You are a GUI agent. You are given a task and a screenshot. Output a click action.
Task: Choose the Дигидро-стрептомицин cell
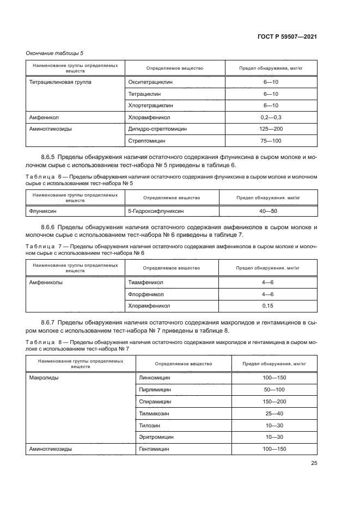click(157, 129)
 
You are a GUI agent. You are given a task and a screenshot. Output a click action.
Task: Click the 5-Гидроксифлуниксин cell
click(156, 210)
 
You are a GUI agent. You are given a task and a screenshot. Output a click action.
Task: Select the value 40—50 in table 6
click(267, 210)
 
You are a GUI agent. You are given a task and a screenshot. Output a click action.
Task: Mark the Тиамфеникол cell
click(145, 283)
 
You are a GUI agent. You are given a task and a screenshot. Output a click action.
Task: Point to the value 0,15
click(267, 306)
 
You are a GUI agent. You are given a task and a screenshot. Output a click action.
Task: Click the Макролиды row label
click(42, 377)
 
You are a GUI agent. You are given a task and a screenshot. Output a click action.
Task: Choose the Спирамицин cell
click(155, 401)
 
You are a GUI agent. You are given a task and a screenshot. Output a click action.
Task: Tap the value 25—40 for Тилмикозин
click(274, 413)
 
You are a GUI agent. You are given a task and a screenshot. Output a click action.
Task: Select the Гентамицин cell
click(154, 449)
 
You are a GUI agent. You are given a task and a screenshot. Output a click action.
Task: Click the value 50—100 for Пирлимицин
click(274, 389)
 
